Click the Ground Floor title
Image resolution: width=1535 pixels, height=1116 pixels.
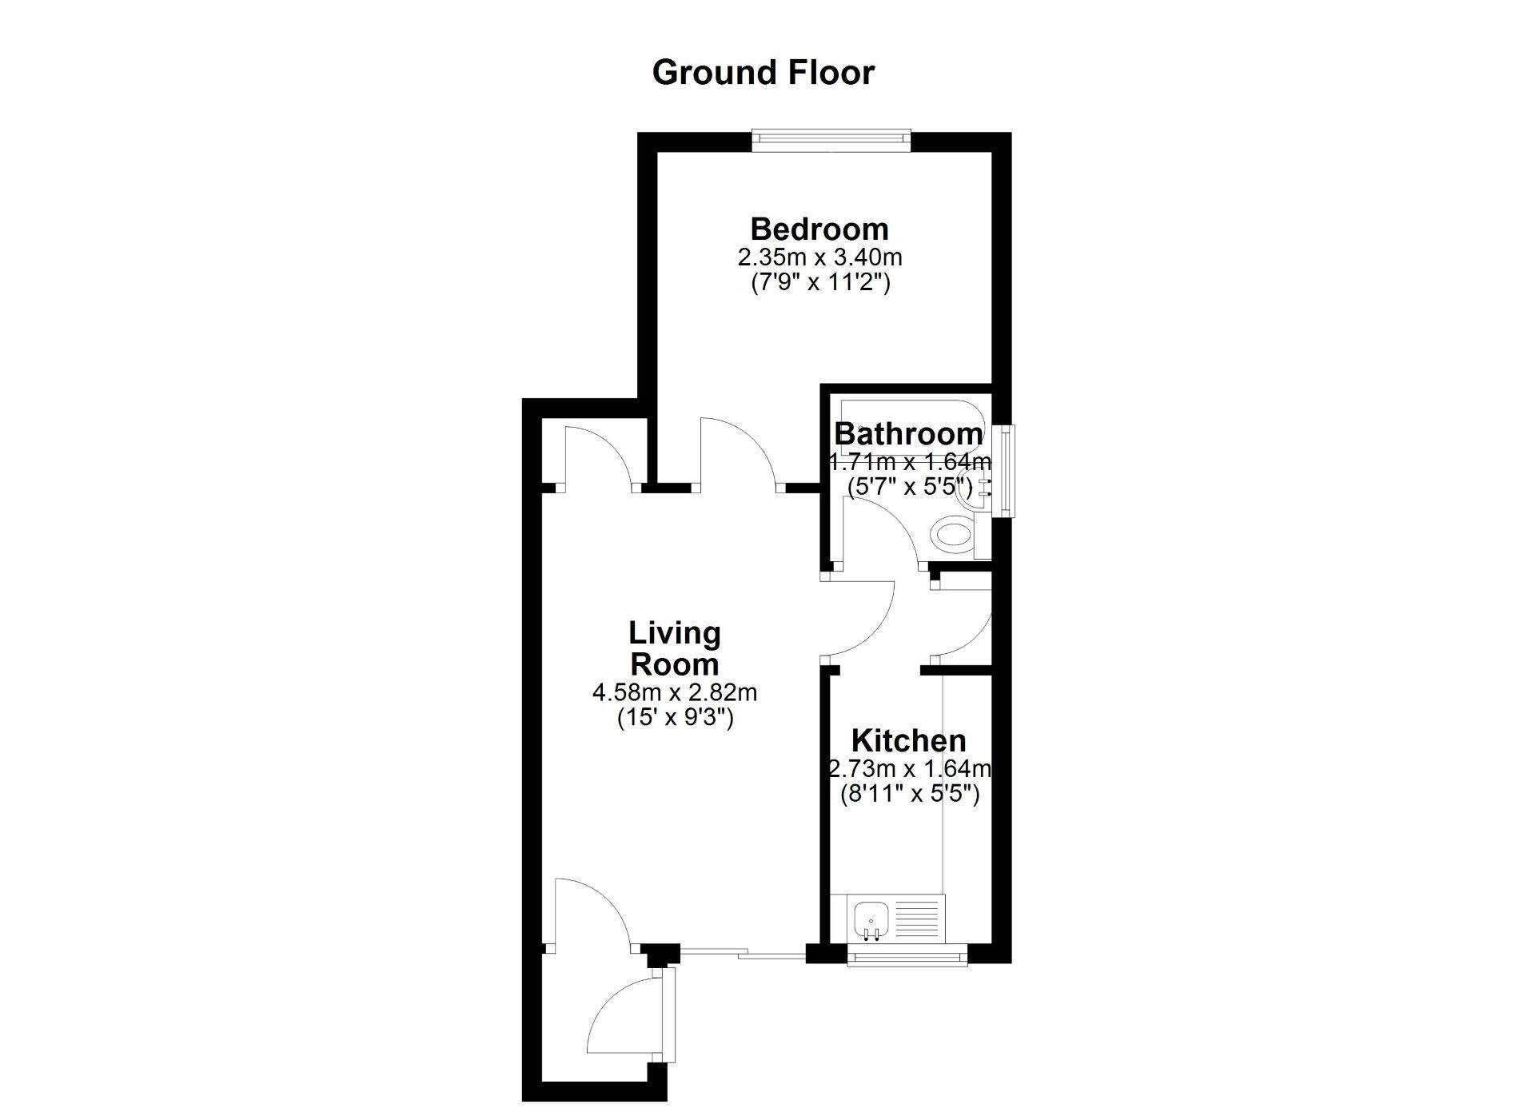tap(764, 73)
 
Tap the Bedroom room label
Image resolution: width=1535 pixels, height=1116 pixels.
tap(819, 229)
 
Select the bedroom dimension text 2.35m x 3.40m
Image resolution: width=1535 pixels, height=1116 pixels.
tap(819, 257)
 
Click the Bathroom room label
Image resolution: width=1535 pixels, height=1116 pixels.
tap(908, 434)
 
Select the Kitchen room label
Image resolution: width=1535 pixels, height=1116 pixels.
tap(909, 741)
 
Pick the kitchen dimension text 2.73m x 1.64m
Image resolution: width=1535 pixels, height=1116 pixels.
tap(909, 769)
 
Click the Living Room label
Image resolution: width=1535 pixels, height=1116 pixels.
tap(675, 648)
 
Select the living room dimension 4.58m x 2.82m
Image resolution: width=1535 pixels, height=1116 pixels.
tap(675, 692)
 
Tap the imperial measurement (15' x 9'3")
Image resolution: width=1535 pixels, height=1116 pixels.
tap(675, 718)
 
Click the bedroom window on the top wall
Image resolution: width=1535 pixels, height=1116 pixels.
tap(831, 140)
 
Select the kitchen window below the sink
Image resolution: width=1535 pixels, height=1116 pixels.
tap(907, 955)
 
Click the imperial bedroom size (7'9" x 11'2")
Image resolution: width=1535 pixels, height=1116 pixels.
tap(819, 283)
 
